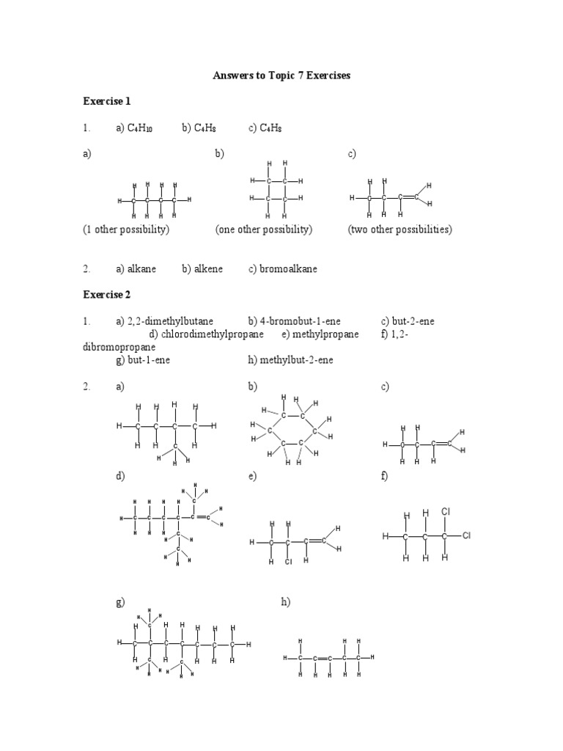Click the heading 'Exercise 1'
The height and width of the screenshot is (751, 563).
pyautogui.click(x=107, y=101)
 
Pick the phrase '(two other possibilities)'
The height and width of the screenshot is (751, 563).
pyautogui.click(x=400, y=230)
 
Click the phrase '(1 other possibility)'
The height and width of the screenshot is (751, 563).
pyautogui.click(x=126, y=230)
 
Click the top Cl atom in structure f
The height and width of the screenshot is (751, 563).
pyautogui.click(x=445, y=511)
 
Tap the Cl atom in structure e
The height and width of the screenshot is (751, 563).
pyautogui.click(x=289, y=562)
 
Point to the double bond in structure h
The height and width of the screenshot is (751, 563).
pyautogui.click(x=323, y=659)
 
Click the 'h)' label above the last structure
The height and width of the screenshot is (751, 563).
pyautogui.click(x=286, y=602)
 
